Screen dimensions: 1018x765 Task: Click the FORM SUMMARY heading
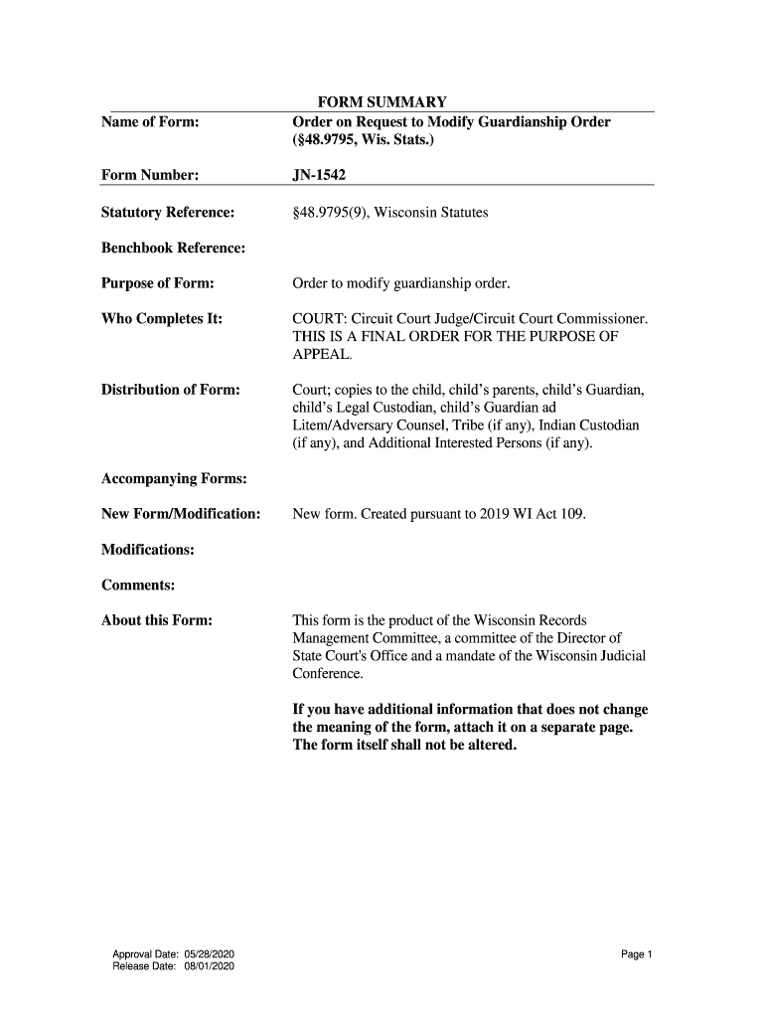click(382, 102)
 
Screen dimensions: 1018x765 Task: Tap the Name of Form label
click(150, 122)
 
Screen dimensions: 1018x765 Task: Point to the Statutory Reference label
click(168, 213)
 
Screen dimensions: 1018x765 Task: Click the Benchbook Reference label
click(173, 248)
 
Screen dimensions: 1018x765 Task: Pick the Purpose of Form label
click(158, 284)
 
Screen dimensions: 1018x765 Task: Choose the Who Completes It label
click(161, 319)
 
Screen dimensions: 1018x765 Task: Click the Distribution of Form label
click(171, 389)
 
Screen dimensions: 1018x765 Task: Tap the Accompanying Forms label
click(174, 479)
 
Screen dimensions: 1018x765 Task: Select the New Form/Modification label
click(181, 514)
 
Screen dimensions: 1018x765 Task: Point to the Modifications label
click(148, 550)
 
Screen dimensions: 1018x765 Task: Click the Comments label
click(138, 585)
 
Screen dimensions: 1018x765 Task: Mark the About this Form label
click(157, 621)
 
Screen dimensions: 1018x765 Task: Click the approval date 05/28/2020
click(203, 955)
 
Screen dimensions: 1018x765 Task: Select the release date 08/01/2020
click(203, 967)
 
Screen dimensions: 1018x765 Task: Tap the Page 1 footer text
click(636, 955)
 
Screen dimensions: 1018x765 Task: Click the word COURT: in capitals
click(317, 319)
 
